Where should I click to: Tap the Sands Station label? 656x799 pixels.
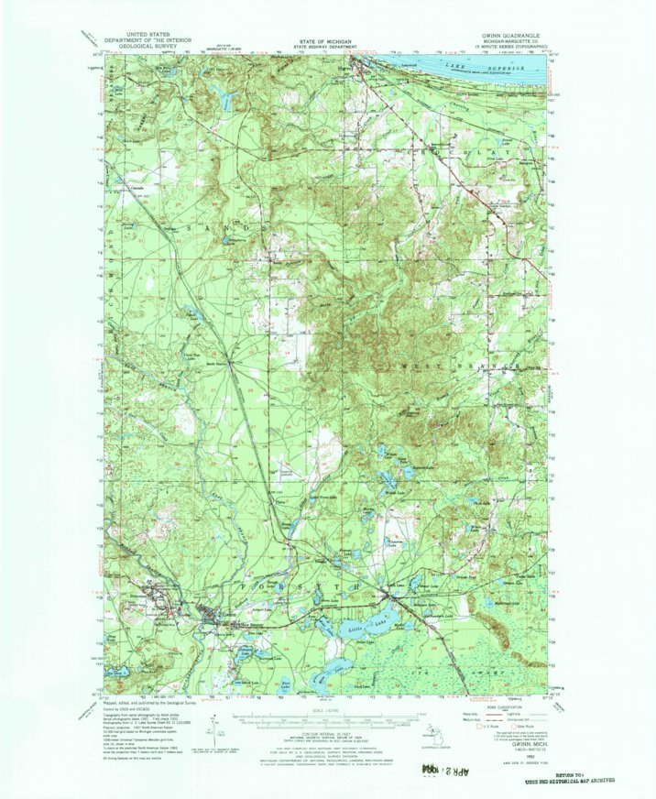tap(217, 363)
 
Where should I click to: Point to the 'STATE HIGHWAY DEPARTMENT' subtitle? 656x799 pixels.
tap(327, 48)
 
